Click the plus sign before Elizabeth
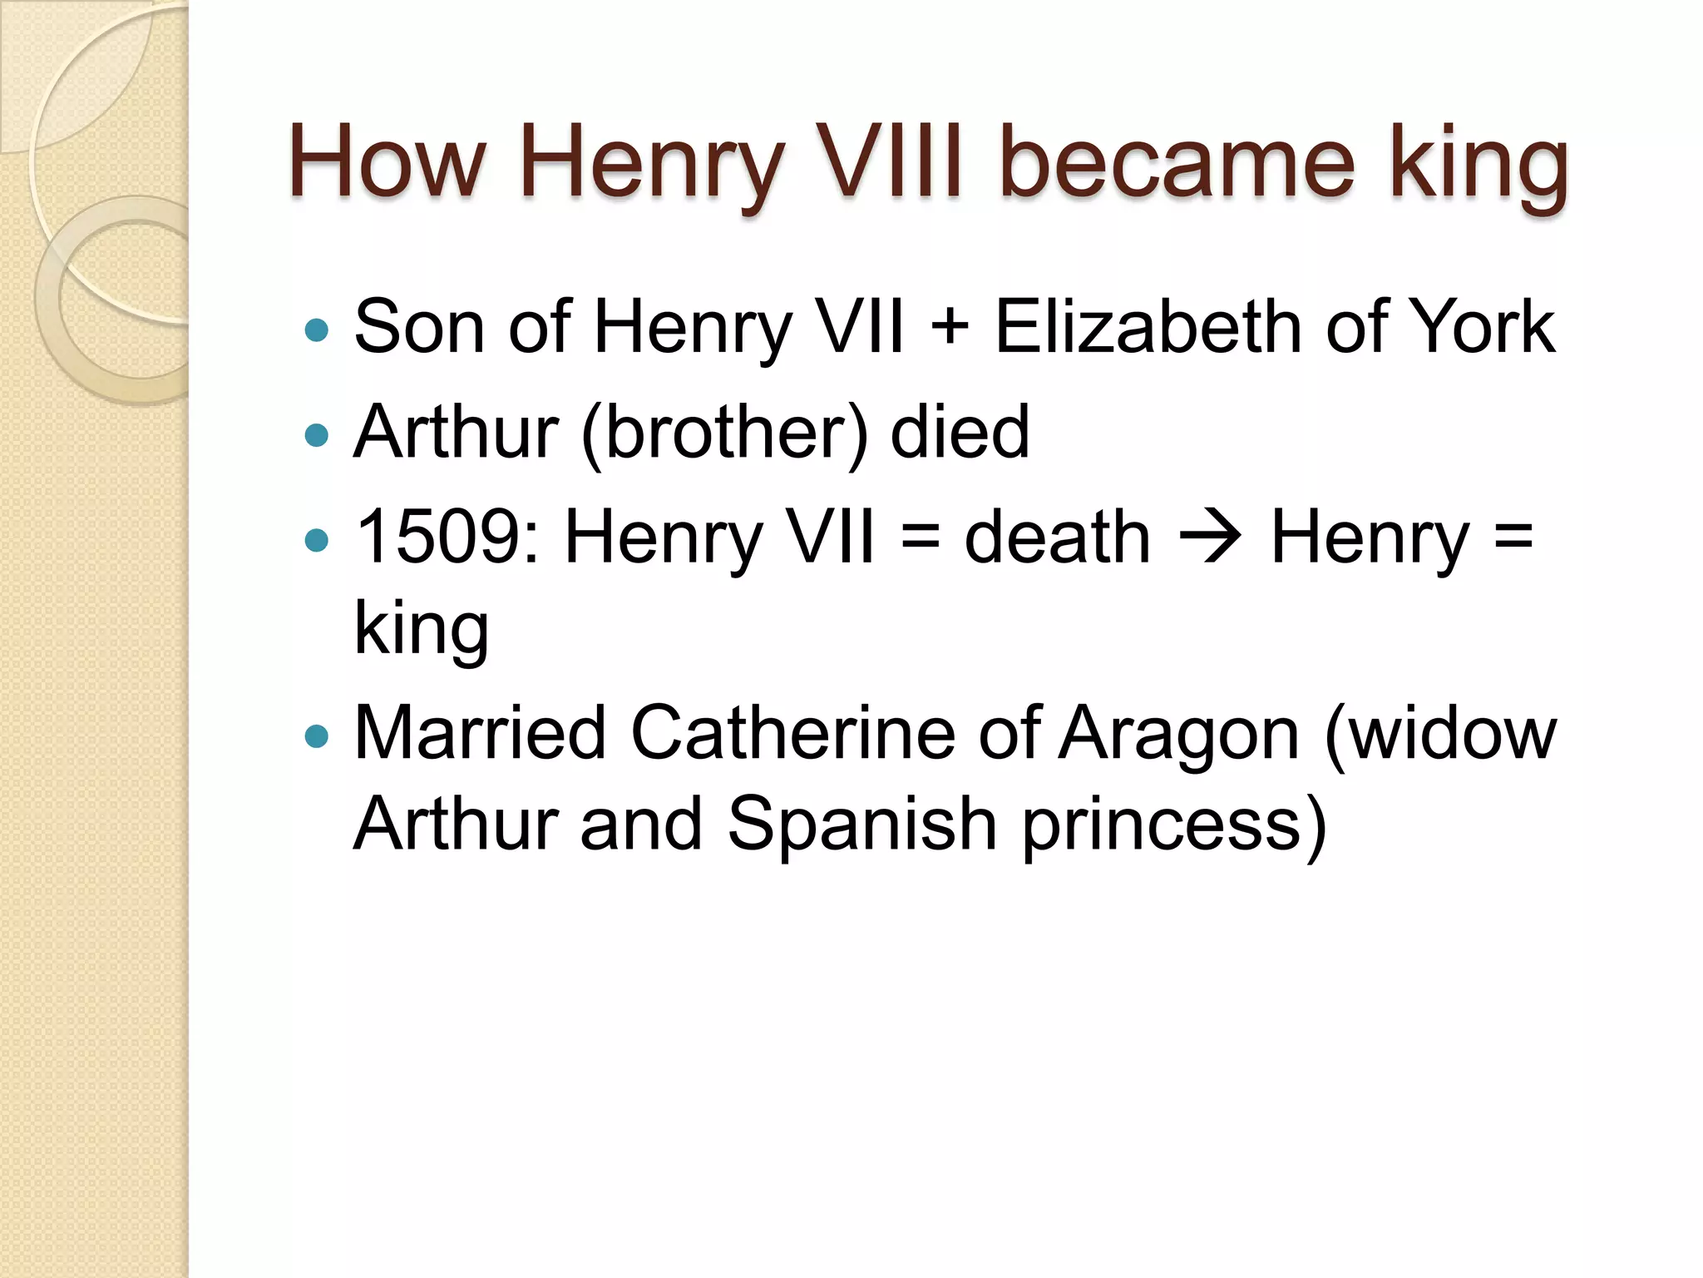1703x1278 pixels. coord(950,327)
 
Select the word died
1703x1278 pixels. coord(960,432)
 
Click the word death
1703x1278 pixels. coord(1057,537)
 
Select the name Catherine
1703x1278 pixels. coord(793,733)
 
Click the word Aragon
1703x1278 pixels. coord(1177,733)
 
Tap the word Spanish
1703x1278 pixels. coord(861,824)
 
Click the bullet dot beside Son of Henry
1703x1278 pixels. coord(317,331)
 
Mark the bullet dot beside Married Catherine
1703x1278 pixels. coord(317,736)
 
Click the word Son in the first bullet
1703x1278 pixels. coord(420,327)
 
